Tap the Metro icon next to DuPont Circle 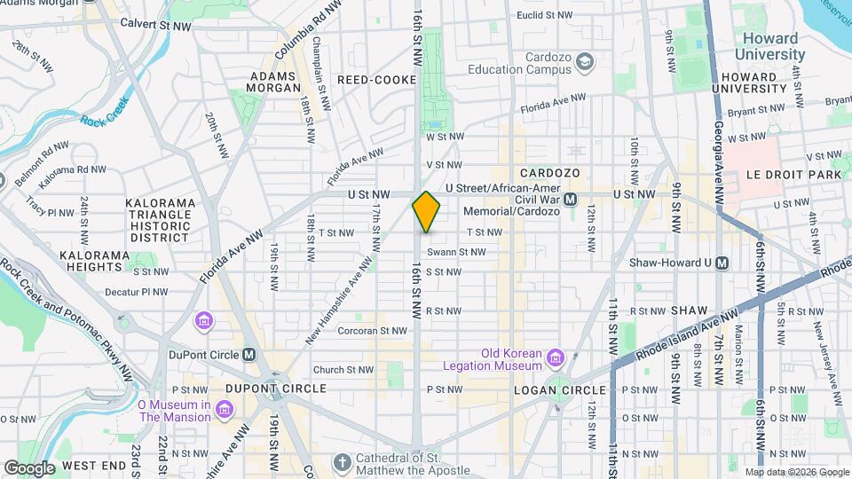(249, 354)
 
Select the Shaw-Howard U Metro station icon (722, 263)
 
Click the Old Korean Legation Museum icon (556, 357)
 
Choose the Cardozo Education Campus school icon (584, 61)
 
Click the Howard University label (770, 46)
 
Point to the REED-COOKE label (376, 80)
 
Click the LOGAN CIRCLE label (557, 389)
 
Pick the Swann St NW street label (463, 252)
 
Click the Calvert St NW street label (155, 26)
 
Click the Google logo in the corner (28, 467)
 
